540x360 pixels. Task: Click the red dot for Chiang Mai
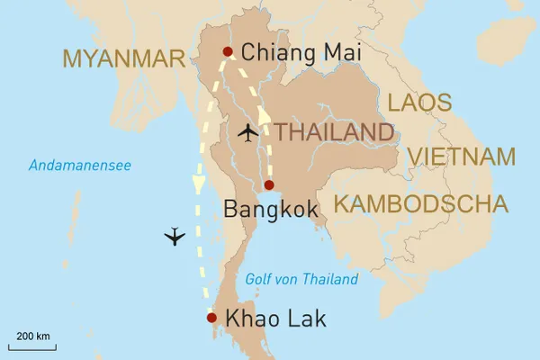click(228, 51)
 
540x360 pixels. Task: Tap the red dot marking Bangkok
click(268, 185)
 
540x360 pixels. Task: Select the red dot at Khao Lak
click(211, 318)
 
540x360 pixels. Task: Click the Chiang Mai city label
click(301, 53)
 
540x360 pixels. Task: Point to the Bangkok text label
click(269, 211)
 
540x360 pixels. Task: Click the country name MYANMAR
click(124, 59)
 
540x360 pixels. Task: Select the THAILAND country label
click(335, 132)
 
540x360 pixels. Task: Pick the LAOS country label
click(418, 102)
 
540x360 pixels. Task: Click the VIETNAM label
click(462, 157)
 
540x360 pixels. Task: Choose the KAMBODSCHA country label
click(420, 203)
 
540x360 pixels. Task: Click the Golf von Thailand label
click(301, 279)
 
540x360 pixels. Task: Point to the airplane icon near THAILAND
click(247, 133)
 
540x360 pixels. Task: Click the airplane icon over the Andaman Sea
click(175, 237)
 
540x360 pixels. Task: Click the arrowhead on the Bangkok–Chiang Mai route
click(265, 116)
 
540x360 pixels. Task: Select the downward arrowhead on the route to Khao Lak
click(198, 183)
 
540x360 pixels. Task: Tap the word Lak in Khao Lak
click(306, 319)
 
